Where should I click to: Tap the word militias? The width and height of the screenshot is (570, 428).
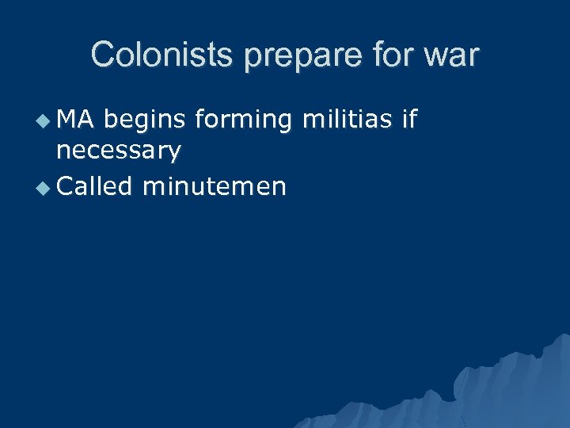[x=347, y=120]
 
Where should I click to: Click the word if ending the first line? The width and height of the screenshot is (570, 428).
[x=408, y=120]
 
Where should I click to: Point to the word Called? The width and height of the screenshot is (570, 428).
[x=93, y=186]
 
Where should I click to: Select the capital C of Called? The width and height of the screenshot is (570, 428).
[x=66, y=187]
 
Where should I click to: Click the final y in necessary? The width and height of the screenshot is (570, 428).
[x=173, y=151]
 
